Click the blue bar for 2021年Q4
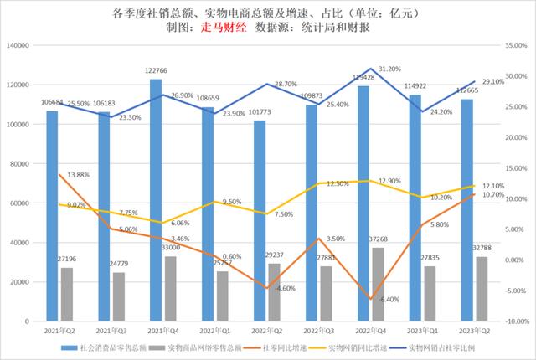click(x=155, y=201)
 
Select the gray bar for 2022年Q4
click(x=378, y=285)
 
